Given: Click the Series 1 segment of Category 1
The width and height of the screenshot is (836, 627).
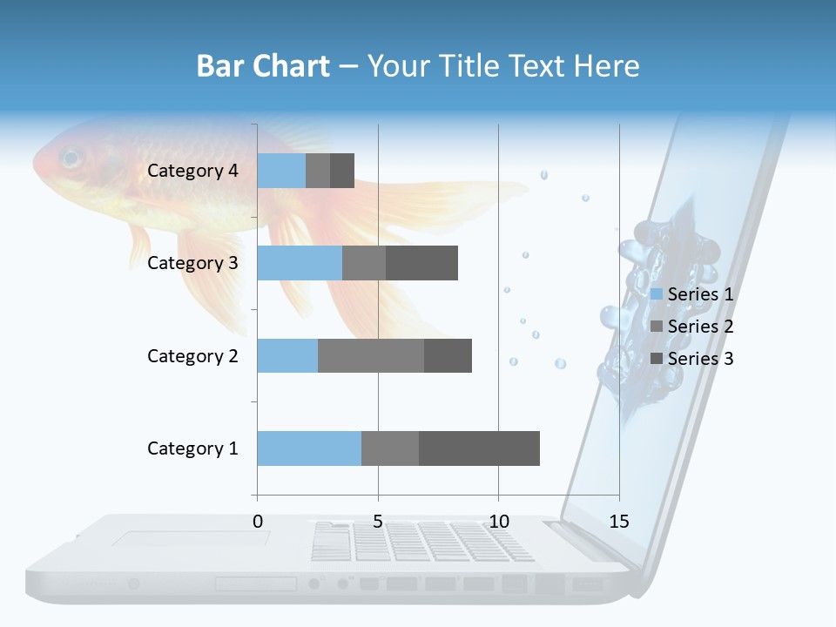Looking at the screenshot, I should tap(309, 448).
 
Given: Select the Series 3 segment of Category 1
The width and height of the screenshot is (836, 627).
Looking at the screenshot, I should tap(479, 448).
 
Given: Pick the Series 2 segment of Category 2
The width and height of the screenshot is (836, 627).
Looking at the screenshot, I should tap(371, 356).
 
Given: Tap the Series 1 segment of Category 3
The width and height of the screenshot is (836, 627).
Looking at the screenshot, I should tap(300, 263).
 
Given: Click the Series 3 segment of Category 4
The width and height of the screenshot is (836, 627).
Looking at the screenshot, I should tap(342, 171).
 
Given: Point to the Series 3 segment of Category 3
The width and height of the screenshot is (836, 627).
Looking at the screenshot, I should tap(421, 263).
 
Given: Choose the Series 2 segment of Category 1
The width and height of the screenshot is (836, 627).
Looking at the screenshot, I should tap(390, 448).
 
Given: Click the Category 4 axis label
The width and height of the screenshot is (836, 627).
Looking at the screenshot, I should tap(192, 171).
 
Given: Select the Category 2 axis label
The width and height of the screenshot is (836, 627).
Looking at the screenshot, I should tap(192, 356).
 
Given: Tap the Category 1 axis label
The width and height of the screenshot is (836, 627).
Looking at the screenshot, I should tap(192, 448).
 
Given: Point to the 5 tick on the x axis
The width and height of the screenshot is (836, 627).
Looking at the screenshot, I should tap(378, 522).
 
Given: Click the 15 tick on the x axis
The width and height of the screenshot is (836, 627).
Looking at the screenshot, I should tap(619, 522).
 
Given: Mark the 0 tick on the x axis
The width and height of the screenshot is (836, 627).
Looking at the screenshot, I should tap(258, 522).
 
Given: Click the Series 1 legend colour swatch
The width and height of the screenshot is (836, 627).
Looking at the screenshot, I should tap(657, 294).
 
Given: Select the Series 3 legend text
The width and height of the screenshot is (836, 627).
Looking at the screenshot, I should tap(700, 359).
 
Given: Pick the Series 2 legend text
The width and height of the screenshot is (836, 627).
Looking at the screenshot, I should tap(700, 327).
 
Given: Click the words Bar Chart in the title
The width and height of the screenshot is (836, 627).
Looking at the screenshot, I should tap(263, 66).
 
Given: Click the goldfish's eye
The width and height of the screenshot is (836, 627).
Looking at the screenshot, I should tap(70, 158).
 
